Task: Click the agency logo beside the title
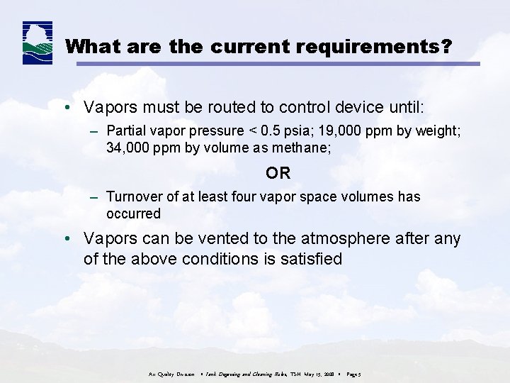38,43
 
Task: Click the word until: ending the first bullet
402,108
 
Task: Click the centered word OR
278,173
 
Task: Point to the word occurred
133,213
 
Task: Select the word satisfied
309,260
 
